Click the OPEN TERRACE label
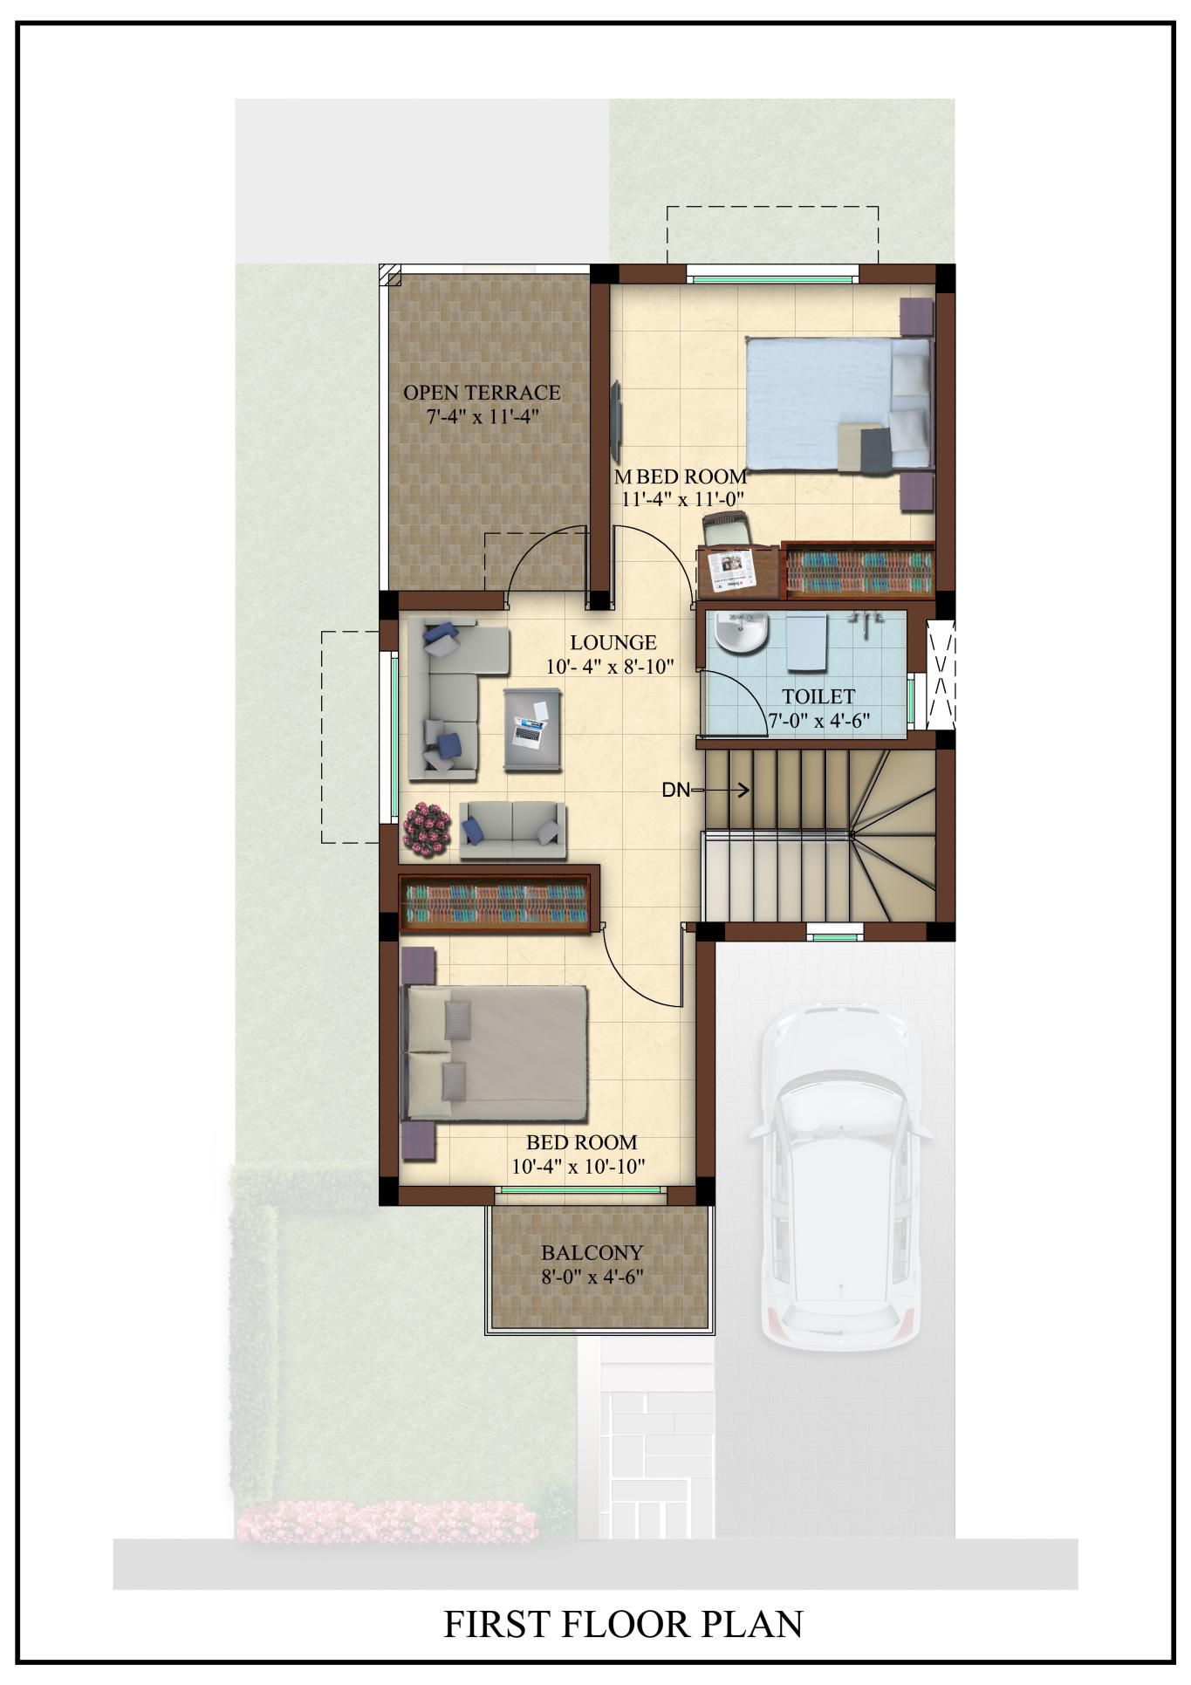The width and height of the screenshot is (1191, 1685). (x=482, y=393)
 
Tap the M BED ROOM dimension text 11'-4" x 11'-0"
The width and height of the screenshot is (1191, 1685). (x=681, y=499)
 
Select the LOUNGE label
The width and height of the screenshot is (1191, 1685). (x=613, y=643)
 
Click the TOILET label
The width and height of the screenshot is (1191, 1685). (x=818, y=696)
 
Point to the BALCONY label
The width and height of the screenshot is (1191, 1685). (x=592, y=1253)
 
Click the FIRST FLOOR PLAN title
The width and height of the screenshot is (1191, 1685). (x=623, y=1624)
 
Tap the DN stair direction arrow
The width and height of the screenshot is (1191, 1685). (x=720, y=791)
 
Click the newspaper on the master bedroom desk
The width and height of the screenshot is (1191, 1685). (x=730, y=569)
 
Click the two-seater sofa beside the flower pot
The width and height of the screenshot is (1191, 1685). (x=512, y=830)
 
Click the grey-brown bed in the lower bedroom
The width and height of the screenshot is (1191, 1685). (x=493, y=1053)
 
